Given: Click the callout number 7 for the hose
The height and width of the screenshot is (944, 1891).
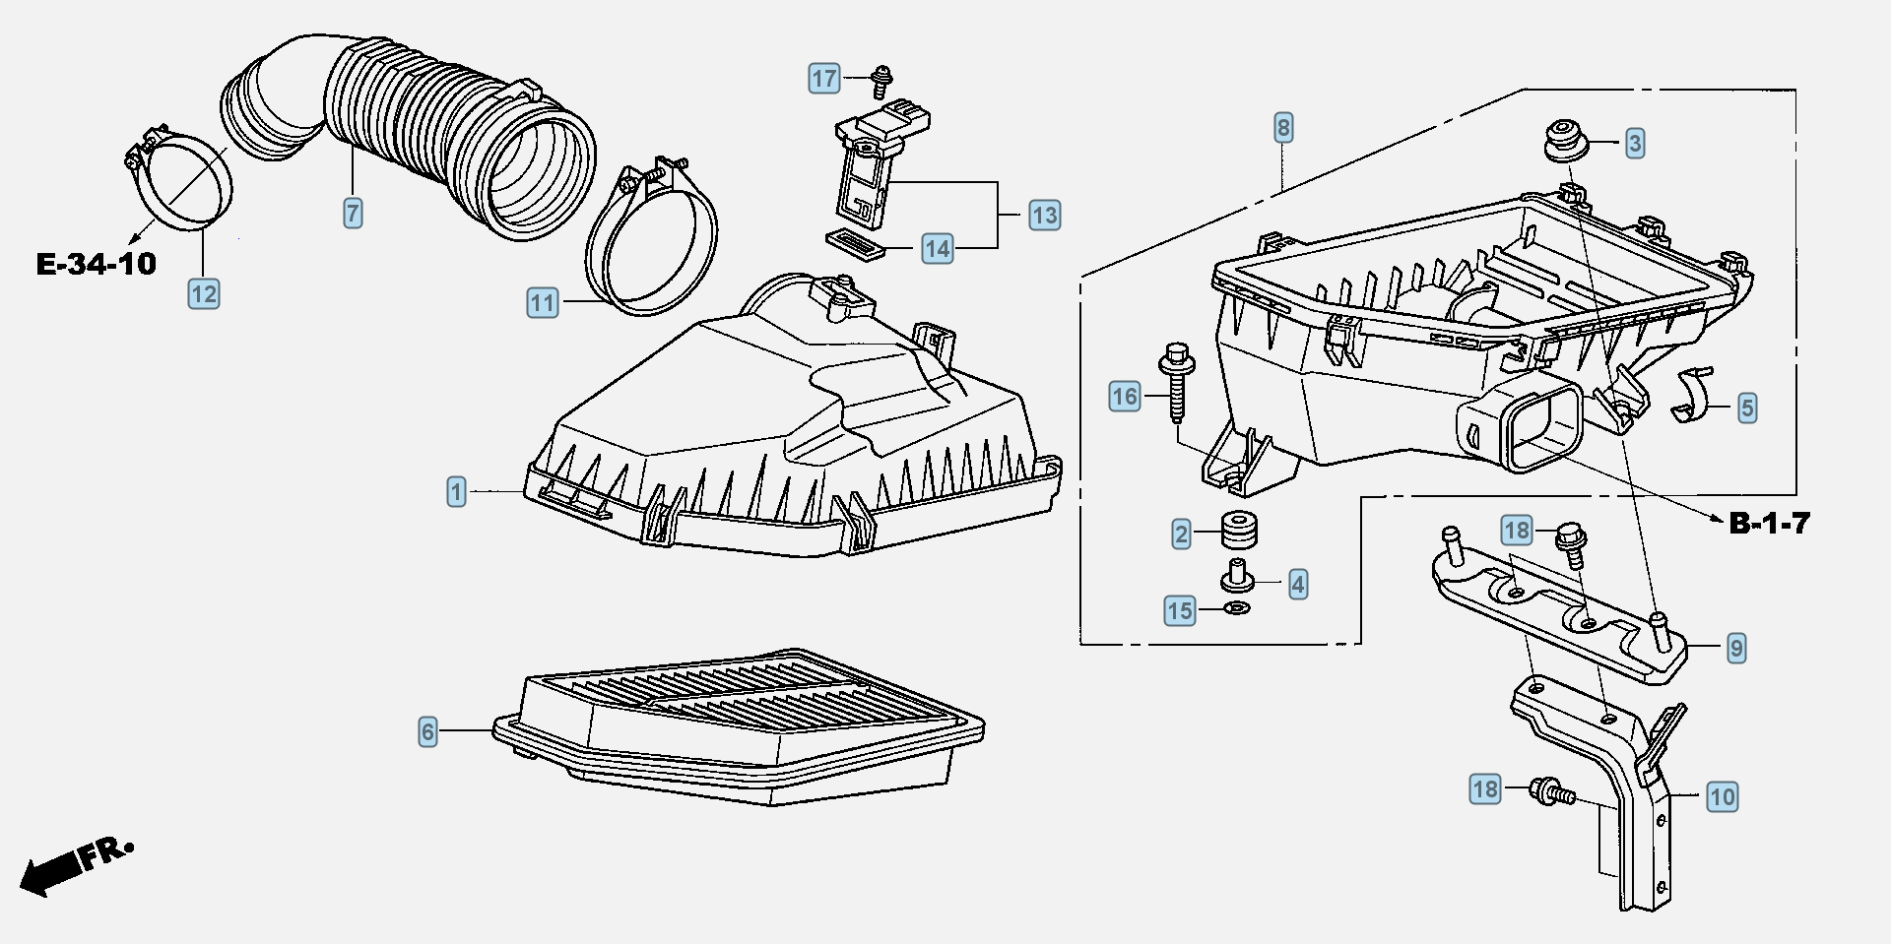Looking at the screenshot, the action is click(x=353, y=213).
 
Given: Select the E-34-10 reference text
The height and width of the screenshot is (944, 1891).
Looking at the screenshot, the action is click(x=97, y=264).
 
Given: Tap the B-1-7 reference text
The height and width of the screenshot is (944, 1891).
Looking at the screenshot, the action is click(x=1770, y=524).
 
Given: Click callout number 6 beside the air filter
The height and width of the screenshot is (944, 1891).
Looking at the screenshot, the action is click(x=427, y=731).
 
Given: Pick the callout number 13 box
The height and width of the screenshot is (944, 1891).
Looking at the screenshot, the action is click(x=1045, y=215).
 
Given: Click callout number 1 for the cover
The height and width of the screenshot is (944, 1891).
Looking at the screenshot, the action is click(x=456, y=491).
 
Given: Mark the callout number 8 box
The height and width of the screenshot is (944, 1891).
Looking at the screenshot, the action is click(x=1282, y=127).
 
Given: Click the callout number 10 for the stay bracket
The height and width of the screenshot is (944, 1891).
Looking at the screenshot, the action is click(x=1722, y=796).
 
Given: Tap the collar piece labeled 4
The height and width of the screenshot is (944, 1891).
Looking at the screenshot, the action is click(x=1237, y=575).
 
